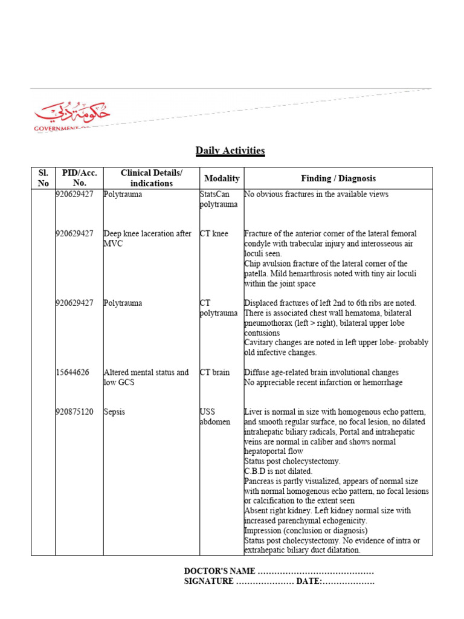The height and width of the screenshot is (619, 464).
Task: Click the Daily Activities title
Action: (230, 151)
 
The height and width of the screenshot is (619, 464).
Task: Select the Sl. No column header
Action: (43, 178)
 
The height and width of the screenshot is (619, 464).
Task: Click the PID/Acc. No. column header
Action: (79, 178)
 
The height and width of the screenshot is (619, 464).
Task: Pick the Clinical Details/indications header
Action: (151, 178)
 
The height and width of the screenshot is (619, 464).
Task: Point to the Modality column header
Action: (222, 178)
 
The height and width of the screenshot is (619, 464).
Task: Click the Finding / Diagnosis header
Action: (338, 178)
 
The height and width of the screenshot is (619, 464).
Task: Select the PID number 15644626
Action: (72, 372)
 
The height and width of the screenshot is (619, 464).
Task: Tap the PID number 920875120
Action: (75, 412)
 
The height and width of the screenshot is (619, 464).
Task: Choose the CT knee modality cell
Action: (214, 233)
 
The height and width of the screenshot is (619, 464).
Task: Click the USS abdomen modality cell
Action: (214, 416)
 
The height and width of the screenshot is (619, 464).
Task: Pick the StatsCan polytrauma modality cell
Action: (218, 199)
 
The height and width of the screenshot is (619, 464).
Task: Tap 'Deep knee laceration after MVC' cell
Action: (147, 238)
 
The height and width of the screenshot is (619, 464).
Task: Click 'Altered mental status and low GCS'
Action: (146, 377)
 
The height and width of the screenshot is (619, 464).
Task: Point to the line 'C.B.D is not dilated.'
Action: (278, 471)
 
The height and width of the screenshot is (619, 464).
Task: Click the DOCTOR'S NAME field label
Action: (220, 571)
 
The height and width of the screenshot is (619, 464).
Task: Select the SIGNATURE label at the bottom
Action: (208, 582)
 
